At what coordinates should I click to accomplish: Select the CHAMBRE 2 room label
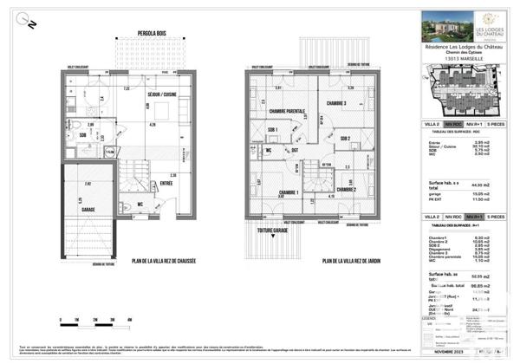pyautogui.click(x=347, y=189)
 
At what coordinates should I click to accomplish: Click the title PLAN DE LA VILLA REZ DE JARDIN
pyautogui.click(x=354, y=261)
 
